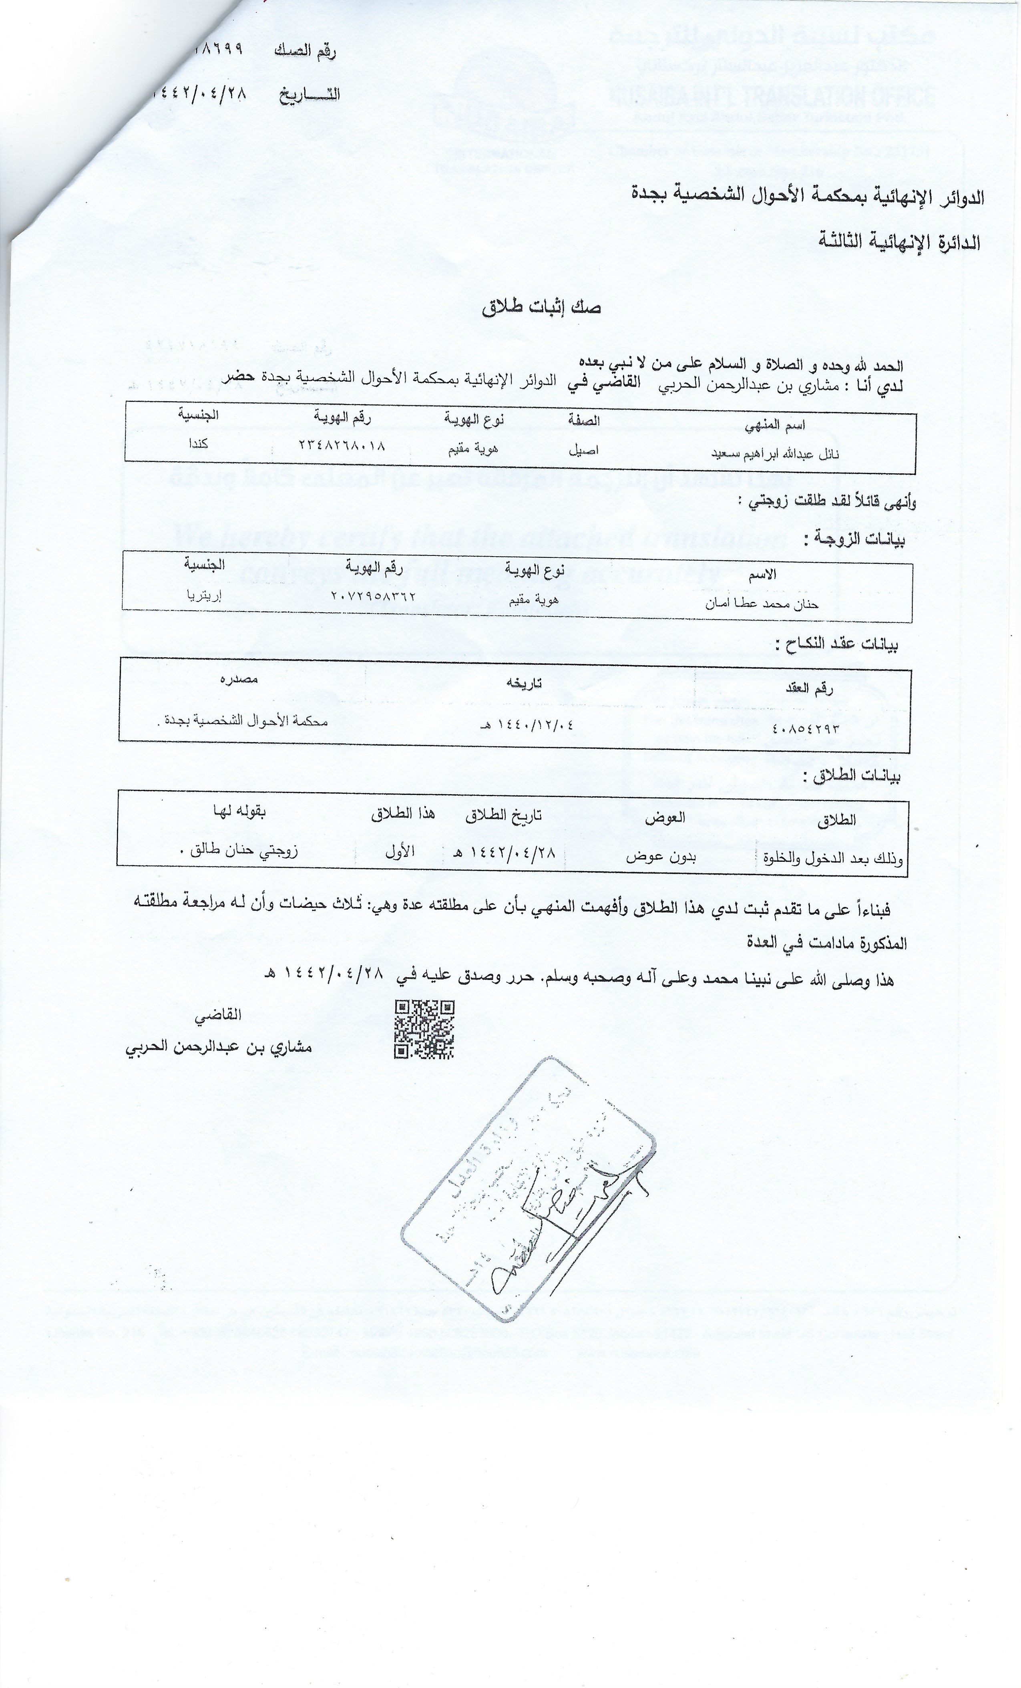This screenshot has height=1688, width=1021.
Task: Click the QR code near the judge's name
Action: click(424, 1029)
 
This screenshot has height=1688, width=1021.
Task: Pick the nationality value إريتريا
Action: click(205, 595)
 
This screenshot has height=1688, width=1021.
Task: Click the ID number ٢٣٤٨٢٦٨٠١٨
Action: click(342, 445)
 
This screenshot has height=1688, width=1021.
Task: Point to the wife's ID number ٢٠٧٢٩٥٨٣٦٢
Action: click(373, 596)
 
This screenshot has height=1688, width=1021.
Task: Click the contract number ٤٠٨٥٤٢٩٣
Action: click(805, 728)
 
